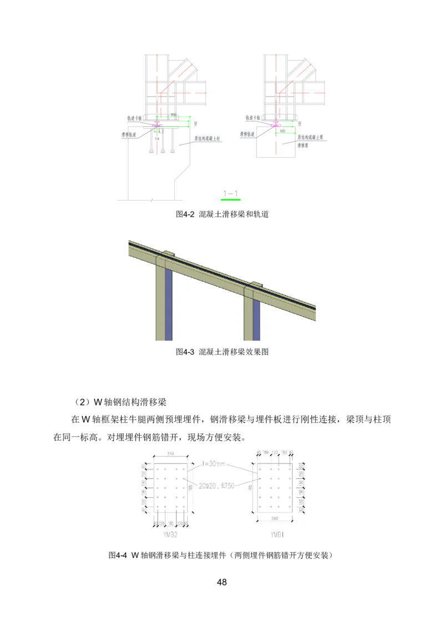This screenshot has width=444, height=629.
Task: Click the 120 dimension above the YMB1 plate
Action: point(274,453)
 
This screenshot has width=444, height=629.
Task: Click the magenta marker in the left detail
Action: point(157,124)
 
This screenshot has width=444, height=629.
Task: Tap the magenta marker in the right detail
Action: point(276,125)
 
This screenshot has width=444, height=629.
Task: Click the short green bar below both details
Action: point(231,200)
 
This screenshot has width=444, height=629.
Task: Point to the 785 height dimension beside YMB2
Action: point(190,488)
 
